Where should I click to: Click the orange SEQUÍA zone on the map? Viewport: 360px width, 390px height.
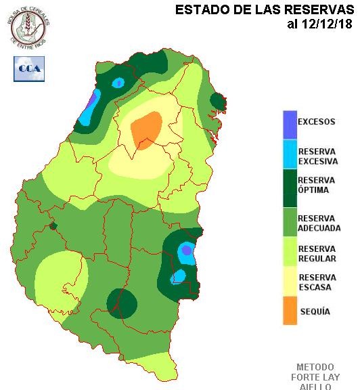tap(146, 129)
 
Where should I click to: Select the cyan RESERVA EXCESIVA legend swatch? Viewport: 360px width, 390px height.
tap(290, 156)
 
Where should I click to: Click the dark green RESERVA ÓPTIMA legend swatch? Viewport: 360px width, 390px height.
tap(290, 189)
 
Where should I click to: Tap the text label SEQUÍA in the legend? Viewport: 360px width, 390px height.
tap(315, 311)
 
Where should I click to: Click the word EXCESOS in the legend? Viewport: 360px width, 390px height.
tap(317, 122)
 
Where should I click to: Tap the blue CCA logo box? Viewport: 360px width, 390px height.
tap(29, 68)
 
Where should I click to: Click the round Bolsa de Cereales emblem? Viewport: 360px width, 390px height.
tap(29, 25)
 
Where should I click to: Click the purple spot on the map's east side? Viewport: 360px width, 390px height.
tap(187, 250)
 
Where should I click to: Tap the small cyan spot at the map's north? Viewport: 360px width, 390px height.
tap(118, 83)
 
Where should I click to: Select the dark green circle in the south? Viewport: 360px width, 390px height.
tap(121, 303)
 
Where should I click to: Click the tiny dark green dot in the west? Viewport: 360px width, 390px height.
tap(53, 226)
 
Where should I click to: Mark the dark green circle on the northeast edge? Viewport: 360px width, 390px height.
tap(217, 102)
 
